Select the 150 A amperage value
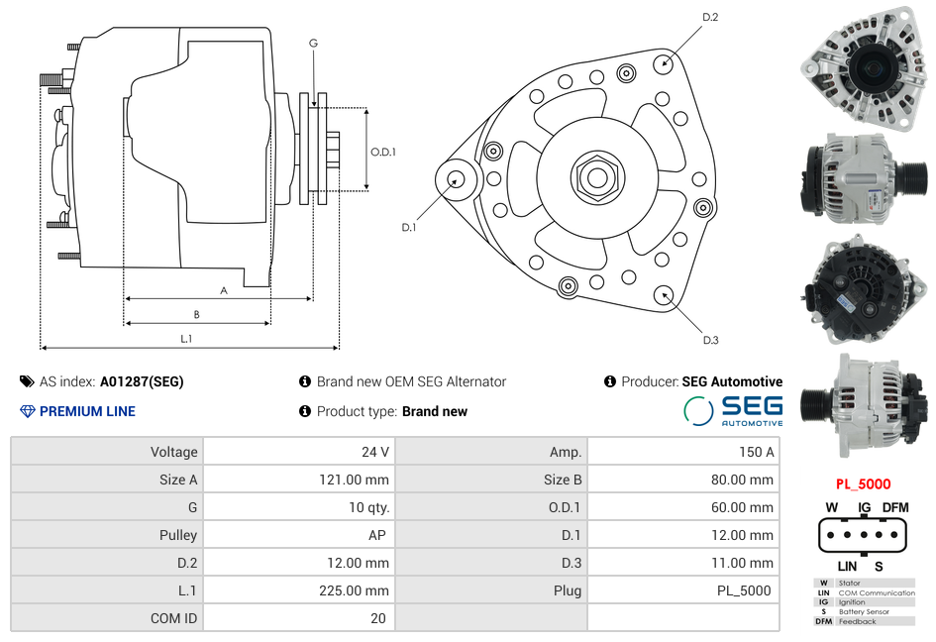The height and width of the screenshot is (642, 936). [x=756, y=452]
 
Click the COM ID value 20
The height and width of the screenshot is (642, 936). [x=377, y=618]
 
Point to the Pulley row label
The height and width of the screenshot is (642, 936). [x=178, y=535]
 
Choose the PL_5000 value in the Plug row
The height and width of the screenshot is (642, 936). [x=744, y=590]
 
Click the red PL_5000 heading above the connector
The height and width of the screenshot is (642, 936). [x=863, y=484]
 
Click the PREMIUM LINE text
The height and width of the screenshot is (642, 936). [x=87, y=411]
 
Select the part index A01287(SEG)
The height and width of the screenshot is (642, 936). [x=141, y=381]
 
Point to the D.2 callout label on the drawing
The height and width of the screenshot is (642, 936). [x=710, y=17]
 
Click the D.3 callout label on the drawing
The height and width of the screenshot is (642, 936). [x=710, y=340]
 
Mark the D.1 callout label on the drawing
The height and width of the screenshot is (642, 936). [x=408, y=228]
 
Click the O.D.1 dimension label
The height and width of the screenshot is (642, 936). [x=383, y=152]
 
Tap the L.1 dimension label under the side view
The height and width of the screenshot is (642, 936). [x=185, y=339]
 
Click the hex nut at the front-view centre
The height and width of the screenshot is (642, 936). [x=596, y=176]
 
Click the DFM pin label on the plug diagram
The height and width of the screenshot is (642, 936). [x=895, y=507]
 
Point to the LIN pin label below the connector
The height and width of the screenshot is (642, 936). [x=847, y=566]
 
